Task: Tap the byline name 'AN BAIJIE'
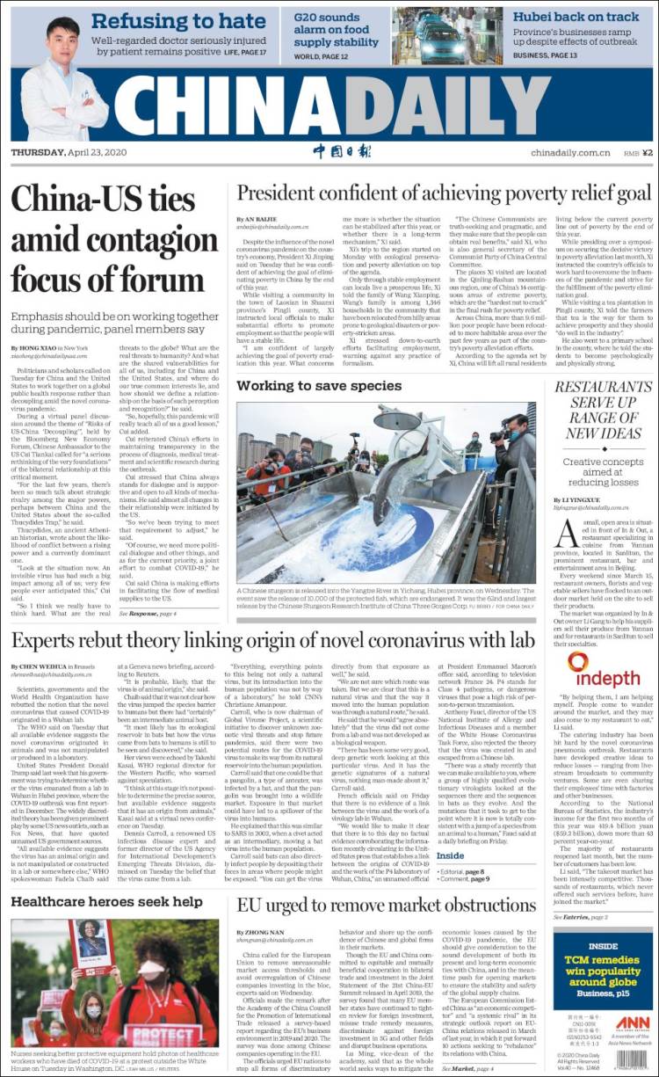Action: pyautogui.click(x=261, y=218)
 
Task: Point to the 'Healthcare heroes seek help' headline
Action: pyautogui.click(x=107, y=902)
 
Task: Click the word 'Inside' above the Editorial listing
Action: pyautogui.click(x=451, y=855)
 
